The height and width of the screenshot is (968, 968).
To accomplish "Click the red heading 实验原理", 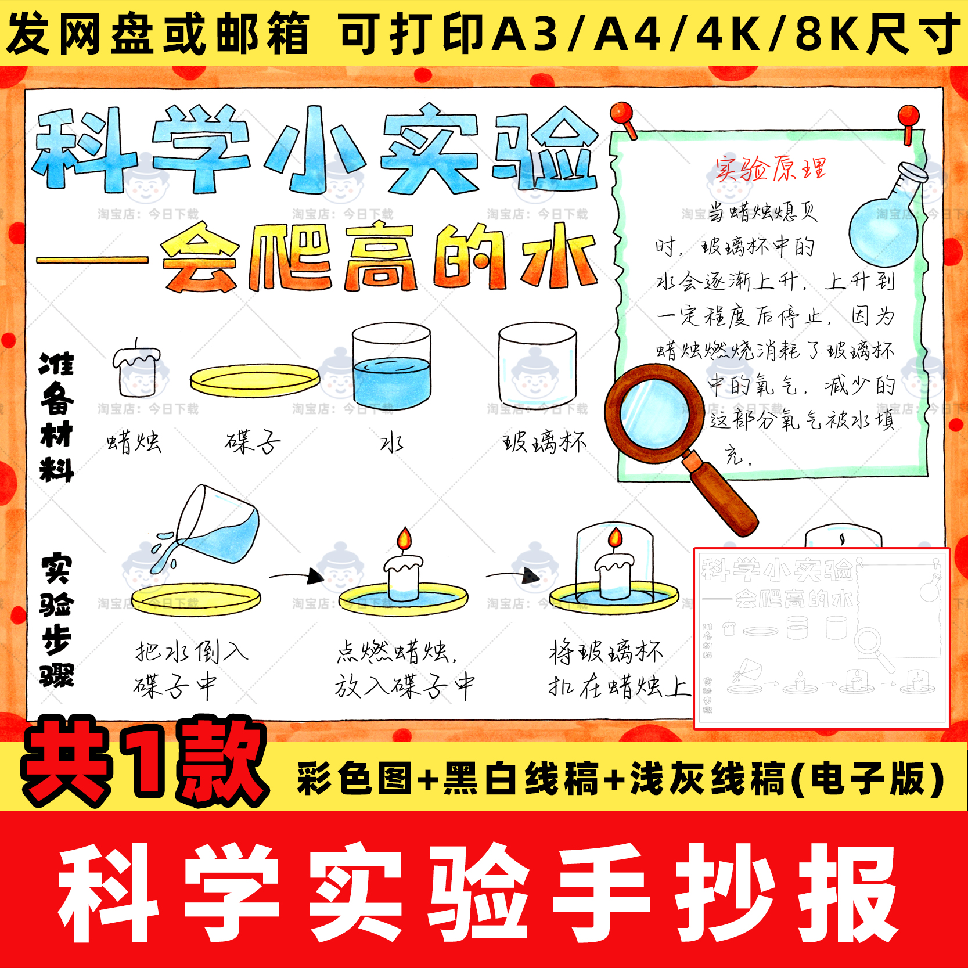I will click(770, 169).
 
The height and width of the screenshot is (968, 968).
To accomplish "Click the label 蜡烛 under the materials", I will click(134, 442).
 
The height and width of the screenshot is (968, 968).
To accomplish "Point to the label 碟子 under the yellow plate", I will click(253, 442).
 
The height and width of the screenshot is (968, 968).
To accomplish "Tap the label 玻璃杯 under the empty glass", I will click(544, 442).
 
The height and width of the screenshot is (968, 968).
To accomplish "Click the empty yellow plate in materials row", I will click(254, 380).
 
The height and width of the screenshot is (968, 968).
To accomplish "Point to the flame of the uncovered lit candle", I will click(404, 538).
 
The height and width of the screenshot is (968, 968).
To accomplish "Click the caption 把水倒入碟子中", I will click(189, 668).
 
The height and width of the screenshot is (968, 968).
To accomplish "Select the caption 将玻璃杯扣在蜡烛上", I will click(618, 668).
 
